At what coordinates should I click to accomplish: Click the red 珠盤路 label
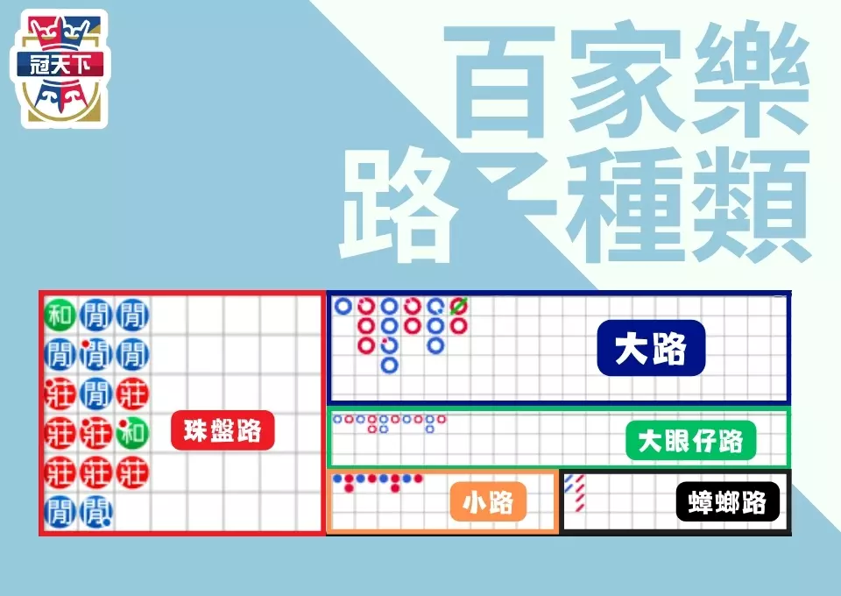(223, 430)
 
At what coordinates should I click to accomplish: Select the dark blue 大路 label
(650, 349)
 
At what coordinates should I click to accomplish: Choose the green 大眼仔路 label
(690, 441)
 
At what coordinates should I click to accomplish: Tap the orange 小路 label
(488, 503)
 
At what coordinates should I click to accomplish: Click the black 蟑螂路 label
(727, 503)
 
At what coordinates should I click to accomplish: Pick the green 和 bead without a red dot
(60, 314)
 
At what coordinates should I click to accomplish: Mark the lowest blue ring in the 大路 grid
(390, 364)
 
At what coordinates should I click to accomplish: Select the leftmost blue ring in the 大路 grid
(343, 307)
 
